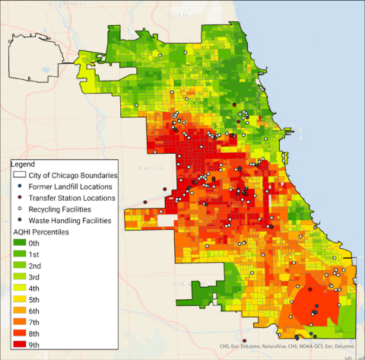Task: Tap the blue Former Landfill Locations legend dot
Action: pyautogui.click(x=18, y=186)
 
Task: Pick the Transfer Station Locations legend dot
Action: pyautogui.click(x=18, y=198)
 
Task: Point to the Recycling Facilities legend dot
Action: pyautogui.click(x=18, y=209)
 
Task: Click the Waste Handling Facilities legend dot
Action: pyautogui.click(x=18, y=220)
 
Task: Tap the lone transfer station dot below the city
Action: pyautogui.click(x=244, y=341)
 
